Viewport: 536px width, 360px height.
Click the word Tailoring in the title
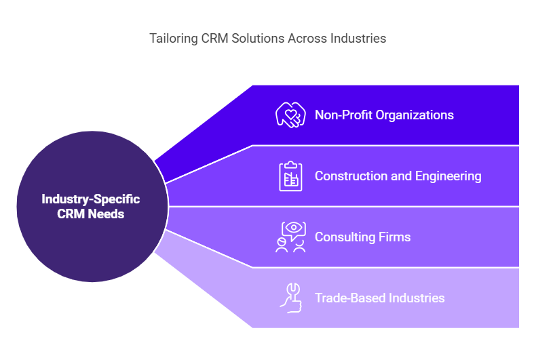[174, 39]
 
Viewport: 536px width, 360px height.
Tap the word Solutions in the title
[258, 38]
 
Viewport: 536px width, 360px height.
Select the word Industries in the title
[358, 38]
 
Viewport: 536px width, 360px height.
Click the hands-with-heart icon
[290, 115]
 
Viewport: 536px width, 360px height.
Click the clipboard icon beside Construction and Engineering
[290, 176]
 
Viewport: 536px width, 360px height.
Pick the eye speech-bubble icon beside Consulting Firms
[290, 237]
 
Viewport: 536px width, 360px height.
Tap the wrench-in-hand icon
[291, 298]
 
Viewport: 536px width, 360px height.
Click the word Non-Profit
[343, 115]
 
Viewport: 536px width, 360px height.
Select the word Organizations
[415, 115]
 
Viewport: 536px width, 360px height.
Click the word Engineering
[448, 176]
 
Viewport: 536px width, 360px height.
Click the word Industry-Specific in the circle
[91, 199]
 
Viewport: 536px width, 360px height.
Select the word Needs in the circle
[106, 214]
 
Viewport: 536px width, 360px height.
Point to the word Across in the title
[307, 38]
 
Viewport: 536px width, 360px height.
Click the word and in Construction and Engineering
[401, 176]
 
